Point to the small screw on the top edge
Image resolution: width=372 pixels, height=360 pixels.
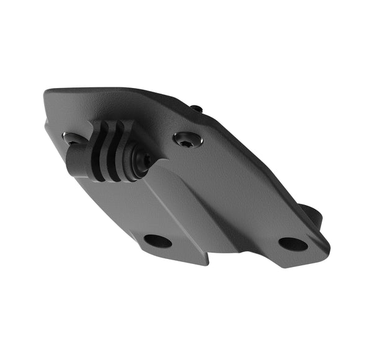click(196, 109)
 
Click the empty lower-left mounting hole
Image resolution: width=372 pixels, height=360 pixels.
click(157, 240)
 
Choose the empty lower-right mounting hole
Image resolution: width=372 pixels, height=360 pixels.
click(293, 244)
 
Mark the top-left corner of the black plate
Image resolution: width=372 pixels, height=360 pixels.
click(48, 94)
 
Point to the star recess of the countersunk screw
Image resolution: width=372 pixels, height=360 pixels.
click(187, 140)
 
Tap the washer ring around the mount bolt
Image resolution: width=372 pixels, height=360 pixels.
click(138, 162)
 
